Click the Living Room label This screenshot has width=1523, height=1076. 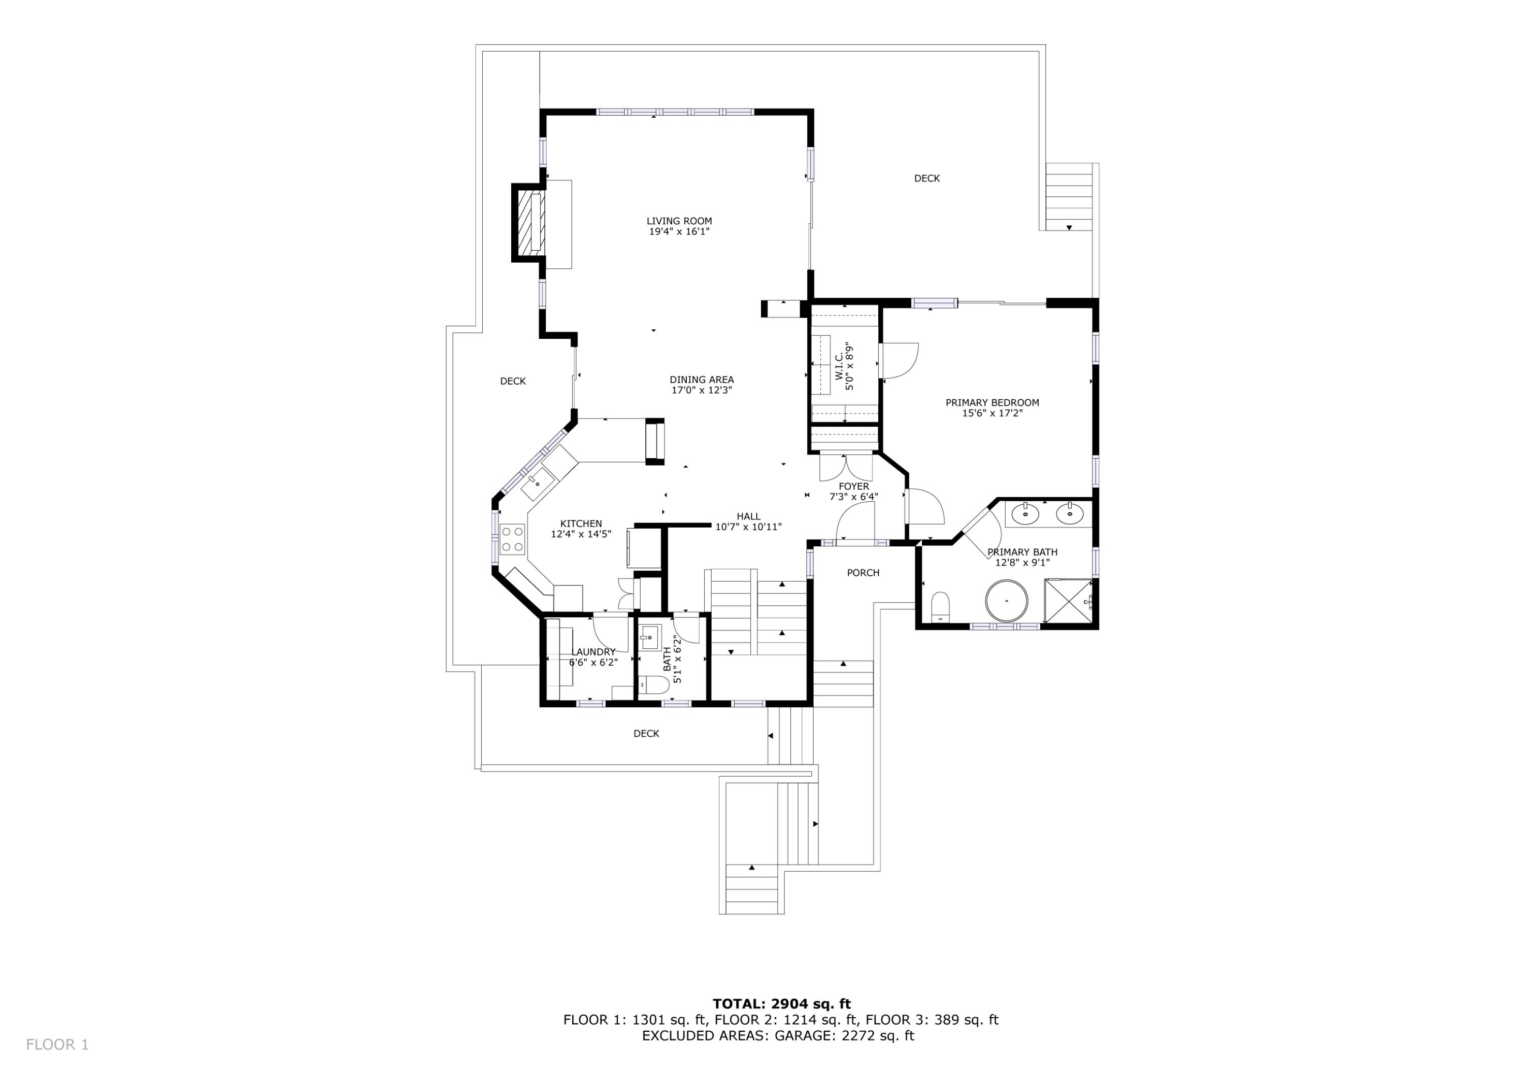[x=679, y=221]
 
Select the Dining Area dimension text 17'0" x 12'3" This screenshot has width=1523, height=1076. [x=701, y=391]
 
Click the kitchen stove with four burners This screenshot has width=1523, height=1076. [x=512, y=538]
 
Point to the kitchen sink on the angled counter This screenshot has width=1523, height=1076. [x=538, y=484]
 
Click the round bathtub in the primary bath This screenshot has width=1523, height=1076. [x=1006, y=601]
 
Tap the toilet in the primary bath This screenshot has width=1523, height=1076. [x=940, y=608]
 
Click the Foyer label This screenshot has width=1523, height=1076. [x=853, y=487]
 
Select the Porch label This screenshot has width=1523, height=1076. [x=863, y=573]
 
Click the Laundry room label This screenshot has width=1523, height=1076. [x=593, y=652]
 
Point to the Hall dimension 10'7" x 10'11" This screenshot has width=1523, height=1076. [x=748, y=527]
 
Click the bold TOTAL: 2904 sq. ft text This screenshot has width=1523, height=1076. [x=781, y=1004]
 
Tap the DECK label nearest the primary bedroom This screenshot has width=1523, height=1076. [x=926, y=179]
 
